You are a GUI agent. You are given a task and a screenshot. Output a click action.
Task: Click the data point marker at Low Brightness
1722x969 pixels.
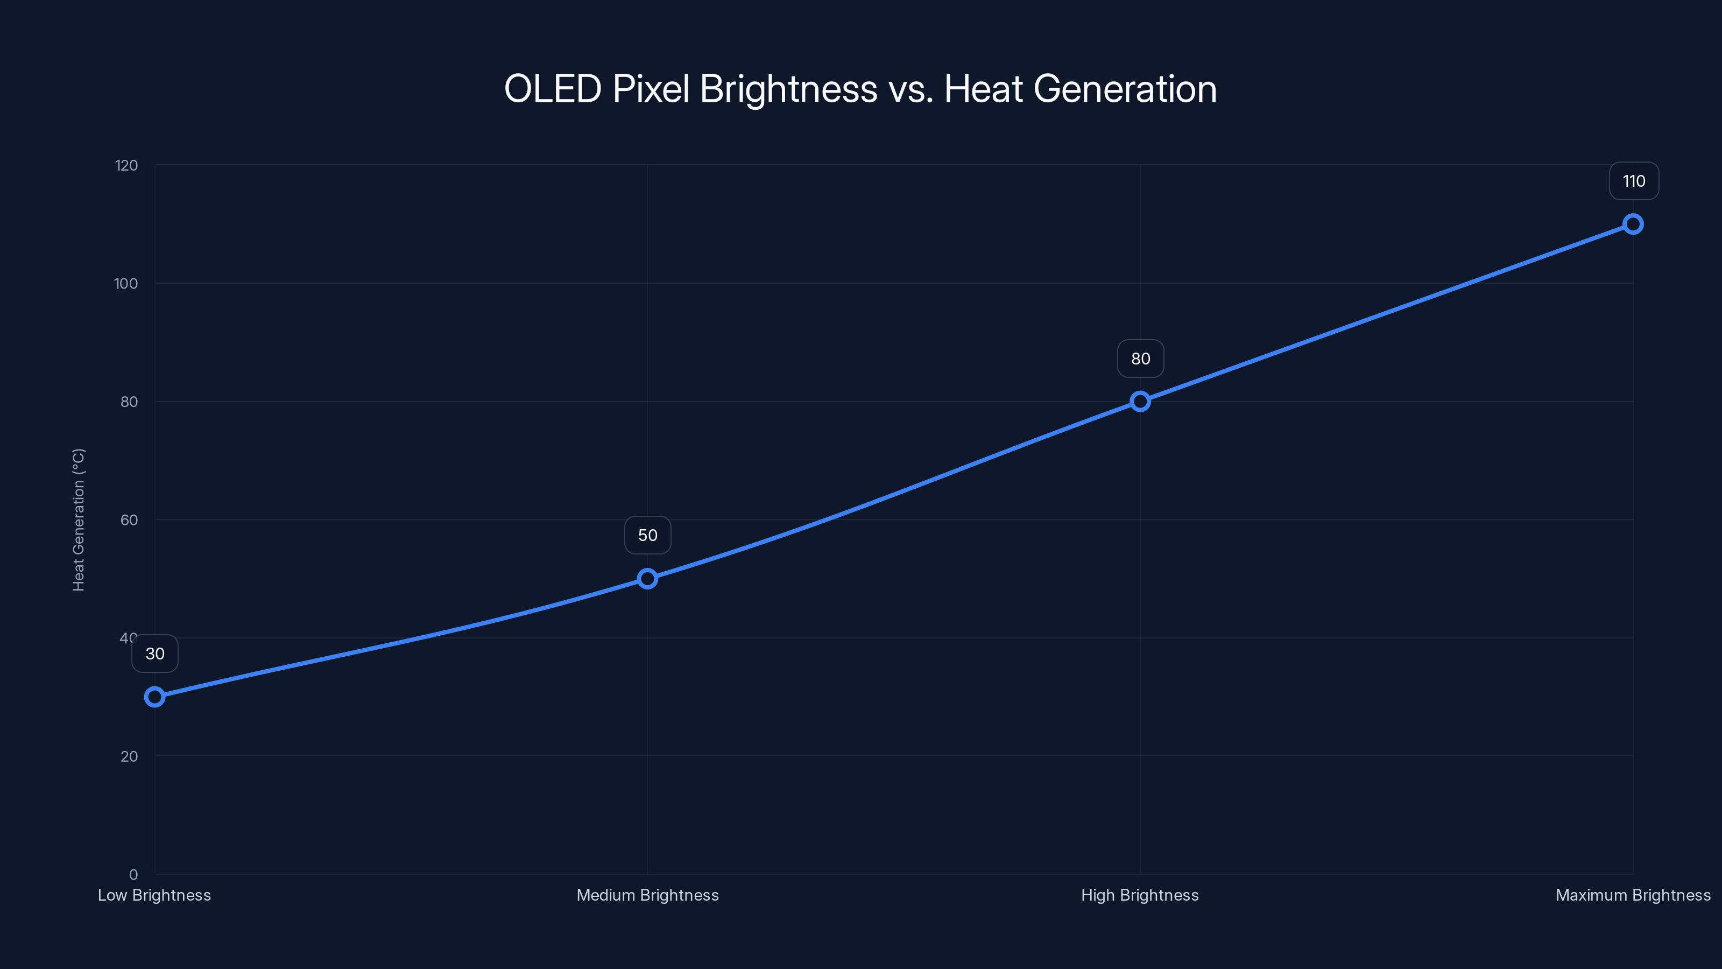click(x=154, y=697)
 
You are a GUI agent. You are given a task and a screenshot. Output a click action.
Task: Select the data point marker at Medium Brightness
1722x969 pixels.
click(x=647, y=579)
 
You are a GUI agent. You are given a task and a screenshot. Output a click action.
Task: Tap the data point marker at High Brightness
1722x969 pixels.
click(x=1140, y=401)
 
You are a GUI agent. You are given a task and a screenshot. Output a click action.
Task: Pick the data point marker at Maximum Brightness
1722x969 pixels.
click(x=1633, y=224)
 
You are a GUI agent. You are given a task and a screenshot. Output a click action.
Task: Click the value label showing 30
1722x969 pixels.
click(x=155, y=654)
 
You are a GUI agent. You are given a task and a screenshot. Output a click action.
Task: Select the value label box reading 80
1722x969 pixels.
click(x=1140, y=359)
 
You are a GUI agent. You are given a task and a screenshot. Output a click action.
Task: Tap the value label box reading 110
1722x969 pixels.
click(x=1634, y=181)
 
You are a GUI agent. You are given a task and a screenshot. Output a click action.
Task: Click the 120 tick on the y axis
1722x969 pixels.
click(x=126, y=165)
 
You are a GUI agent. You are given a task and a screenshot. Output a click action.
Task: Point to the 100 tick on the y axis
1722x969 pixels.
click(x=126, y=284)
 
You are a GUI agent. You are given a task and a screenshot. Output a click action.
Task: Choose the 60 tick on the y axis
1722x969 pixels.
click(x=129, y=519)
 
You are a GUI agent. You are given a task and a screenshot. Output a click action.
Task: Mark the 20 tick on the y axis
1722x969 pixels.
click(x=129, y=756)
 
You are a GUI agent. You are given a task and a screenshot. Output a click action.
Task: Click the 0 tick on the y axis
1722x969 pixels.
click(x=133, y=875)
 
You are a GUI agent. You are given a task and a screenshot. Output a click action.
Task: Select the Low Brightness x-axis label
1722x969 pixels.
click(x=154, y=895)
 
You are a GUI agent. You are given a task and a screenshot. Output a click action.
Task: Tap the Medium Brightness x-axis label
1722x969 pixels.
click(x=647, y=895)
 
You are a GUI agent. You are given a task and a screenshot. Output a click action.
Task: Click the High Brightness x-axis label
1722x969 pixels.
click(x=1140, y=895)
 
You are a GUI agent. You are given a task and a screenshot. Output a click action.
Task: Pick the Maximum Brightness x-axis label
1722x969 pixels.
click(x=1633, y=895)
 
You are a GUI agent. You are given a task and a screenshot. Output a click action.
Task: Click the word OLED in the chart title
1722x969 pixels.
click(x=552, y=89)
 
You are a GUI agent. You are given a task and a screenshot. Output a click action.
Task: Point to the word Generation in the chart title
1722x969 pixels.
click(x=1125, y=89)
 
